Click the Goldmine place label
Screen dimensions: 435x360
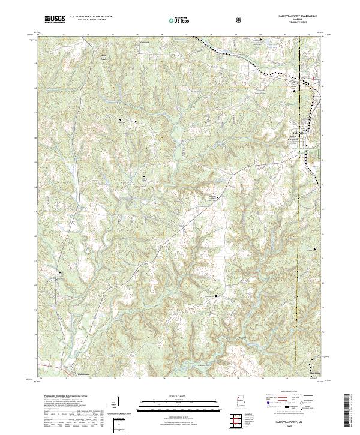tap(144, 43)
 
